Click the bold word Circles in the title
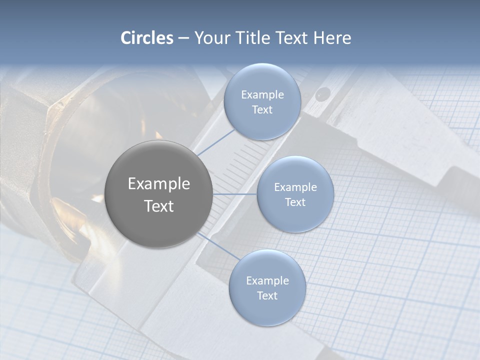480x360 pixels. (146, 38)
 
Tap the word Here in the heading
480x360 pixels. (332, 38)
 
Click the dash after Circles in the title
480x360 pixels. (183, 38)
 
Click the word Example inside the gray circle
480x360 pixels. (158, 184)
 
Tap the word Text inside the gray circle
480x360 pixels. (158, 206)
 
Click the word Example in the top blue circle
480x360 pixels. (262, 95)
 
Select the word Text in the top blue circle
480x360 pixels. (262, 110)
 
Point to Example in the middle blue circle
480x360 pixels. (295, 187)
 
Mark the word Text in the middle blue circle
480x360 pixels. (295, 202)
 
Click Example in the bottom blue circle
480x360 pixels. (267, 281)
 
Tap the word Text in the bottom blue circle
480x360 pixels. (267, 296)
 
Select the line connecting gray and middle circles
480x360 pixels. (235, 194)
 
